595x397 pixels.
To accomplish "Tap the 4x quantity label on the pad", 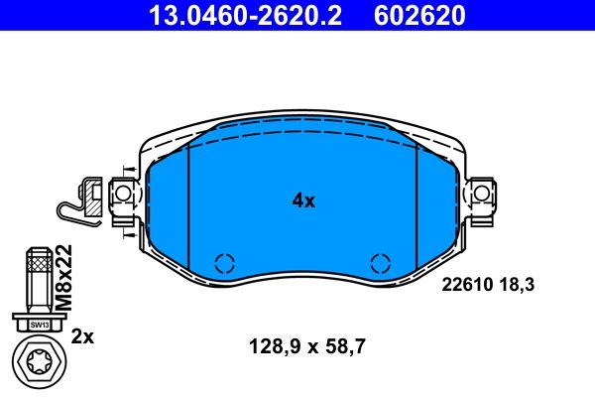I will tap(302, 200).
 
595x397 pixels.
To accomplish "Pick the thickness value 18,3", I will tap(518, 284).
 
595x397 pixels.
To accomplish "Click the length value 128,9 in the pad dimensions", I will tap(274, 347).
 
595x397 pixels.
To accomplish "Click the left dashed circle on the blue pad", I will tap(224, 263).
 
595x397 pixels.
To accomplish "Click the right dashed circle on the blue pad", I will tap(379, 263).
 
